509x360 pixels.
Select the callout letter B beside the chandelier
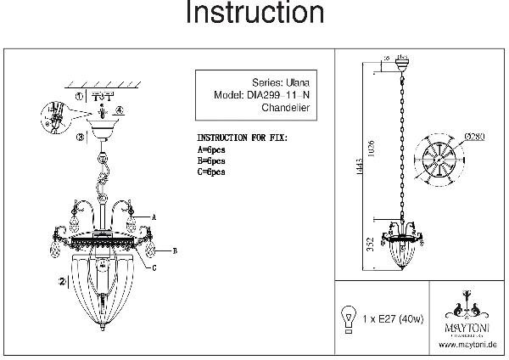(174, 250)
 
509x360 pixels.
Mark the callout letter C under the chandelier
(154, 267)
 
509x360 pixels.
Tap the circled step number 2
(62, 282)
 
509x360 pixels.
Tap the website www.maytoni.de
(467, 345)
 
